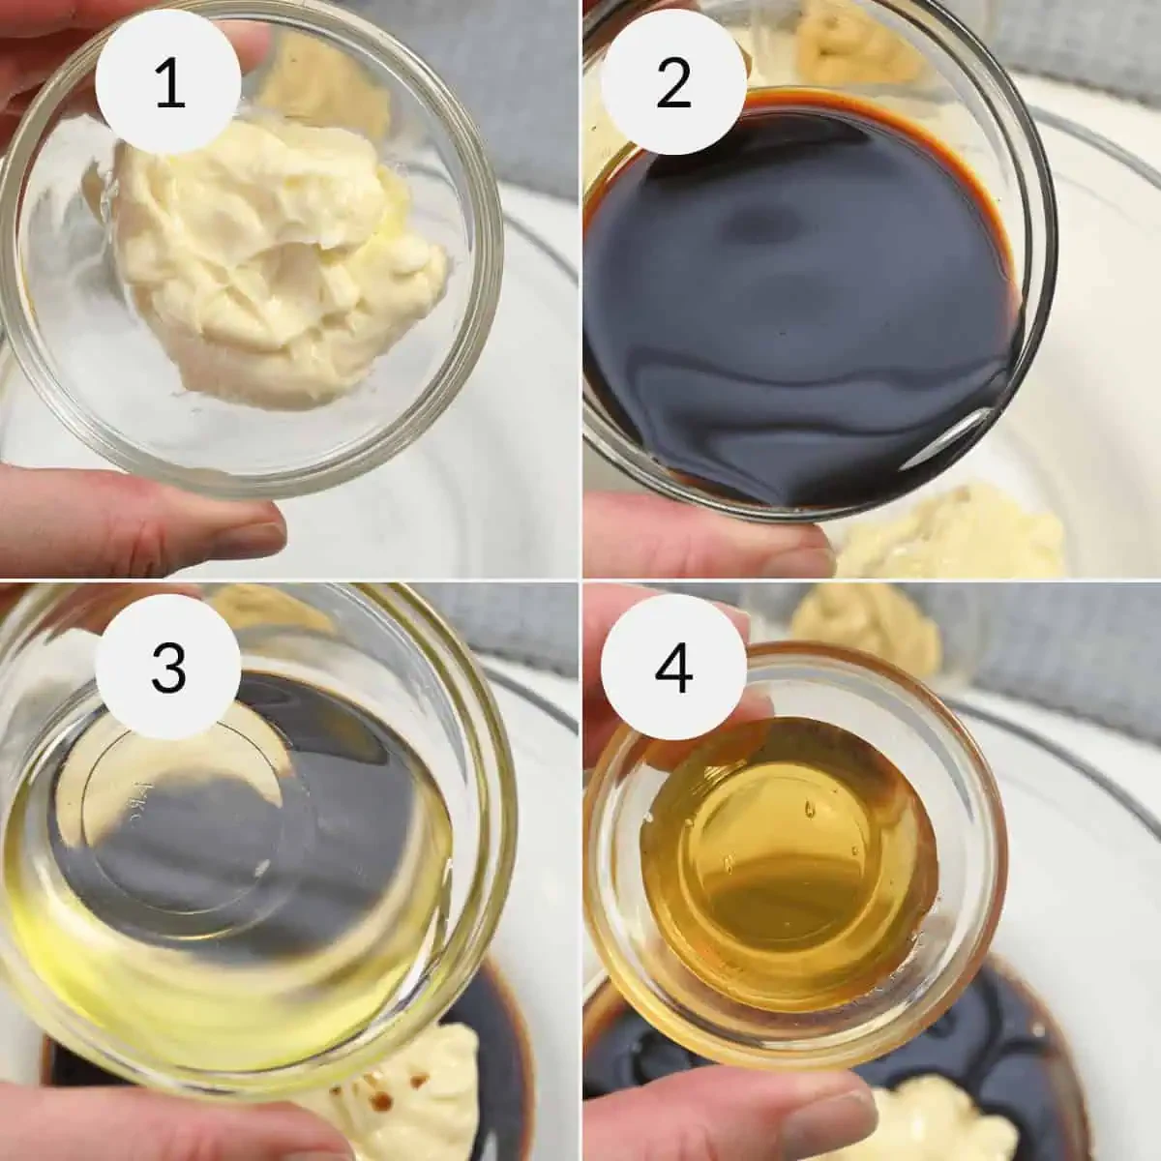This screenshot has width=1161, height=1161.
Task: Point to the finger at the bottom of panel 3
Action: (145, 1122)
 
